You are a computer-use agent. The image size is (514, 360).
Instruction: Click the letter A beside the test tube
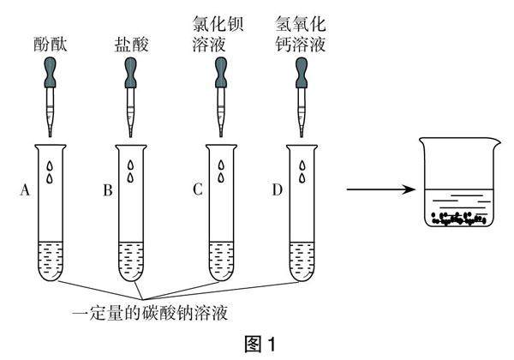[24, 191]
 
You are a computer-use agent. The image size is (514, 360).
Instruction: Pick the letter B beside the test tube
[107, 191]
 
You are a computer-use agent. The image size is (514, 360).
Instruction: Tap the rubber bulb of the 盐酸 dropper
[130, 75]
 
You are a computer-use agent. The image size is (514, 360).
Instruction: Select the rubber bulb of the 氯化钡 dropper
[221, 75]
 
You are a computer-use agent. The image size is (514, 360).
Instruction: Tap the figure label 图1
[257, 345]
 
